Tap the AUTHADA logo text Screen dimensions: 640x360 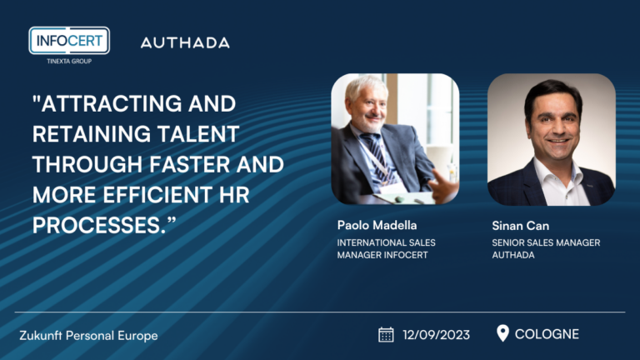(185, 42)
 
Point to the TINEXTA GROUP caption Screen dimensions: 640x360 (69, 61)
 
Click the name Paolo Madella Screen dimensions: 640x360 (377, 225)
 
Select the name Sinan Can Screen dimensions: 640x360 (520, 226)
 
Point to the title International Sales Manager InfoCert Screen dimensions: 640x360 (386, 248)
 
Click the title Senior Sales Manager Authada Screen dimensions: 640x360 (546, 248)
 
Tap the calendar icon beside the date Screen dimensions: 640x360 (386, 334)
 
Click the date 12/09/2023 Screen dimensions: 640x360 (436, 335)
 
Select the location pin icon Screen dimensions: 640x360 (502, 333)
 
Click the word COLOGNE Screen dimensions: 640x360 (547, 334)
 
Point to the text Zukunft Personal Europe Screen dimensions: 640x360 (88, 336)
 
